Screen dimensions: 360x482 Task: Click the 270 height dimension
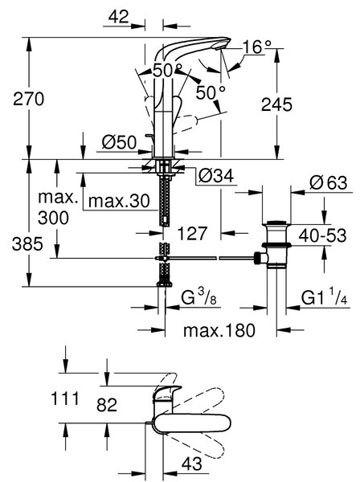click(29, 100)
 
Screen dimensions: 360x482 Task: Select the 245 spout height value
click(276, 104)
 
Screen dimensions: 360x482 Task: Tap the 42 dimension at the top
click(119, 17)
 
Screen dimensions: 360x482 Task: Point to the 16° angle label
click(257, 47)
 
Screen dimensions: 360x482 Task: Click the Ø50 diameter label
click(119, 142)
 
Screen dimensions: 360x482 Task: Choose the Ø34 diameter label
click(216, 176)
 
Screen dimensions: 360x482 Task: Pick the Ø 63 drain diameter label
click(329, 183)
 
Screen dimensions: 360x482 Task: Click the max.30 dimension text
click(119, 201)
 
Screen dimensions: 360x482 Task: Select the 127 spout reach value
click(192, 234)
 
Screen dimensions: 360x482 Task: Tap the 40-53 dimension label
click(322, 235)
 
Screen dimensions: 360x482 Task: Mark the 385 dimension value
click(27, 245)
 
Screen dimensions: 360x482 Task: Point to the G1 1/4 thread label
click(325, 298)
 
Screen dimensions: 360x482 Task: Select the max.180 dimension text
click(219, 330)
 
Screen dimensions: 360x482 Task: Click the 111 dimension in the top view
click(65, 398)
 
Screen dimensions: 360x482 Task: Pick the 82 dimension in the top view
click(107, 405)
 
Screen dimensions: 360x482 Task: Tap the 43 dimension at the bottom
click(192, 464)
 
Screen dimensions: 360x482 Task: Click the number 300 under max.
click(53, 218)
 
